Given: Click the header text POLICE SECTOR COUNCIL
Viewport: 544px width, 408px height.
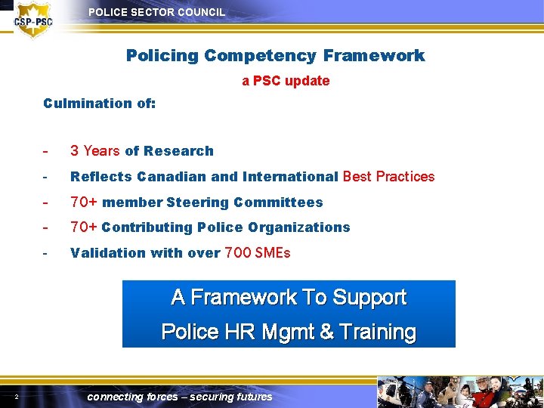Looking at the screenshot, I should click(x=156, y=12).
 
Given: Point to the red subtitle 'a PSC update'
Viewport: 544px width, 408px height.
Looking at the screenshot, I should click(x=286, y=81).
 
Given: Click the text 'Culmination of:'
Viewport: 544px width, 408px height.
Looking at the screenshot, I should click(x=100, y=103).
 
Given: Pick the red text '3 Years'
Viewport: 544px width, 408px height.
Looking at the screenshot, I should click(x=95, y=151).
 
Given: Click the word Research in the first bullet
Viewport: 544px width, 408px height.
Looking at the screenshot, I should click(x=179, y=151).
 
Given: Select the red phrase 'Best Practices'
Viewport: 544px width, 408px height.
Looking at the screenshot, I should click(x=389, y=177).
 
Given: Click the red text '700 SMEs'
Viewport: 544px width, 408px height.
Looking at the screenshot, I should click(x=258, y=253).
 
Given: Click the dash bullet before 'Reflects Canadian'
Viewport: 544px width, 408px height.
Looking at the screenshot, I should click(x=46, y=177).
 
